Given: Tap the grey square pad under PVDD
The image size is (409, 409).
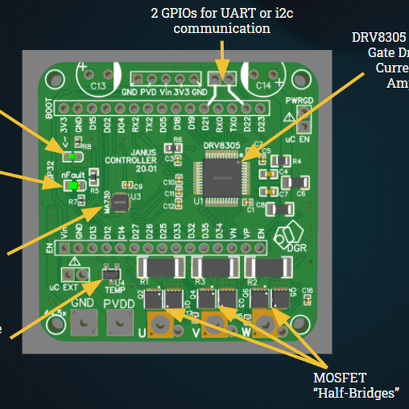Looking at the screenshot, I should click(120, 321).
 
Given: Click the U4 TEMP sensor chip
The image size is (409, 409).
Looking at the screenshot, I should click(110, 273).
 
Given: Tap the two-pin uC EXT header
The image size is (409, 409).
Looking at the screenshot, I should click(74, 273).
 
